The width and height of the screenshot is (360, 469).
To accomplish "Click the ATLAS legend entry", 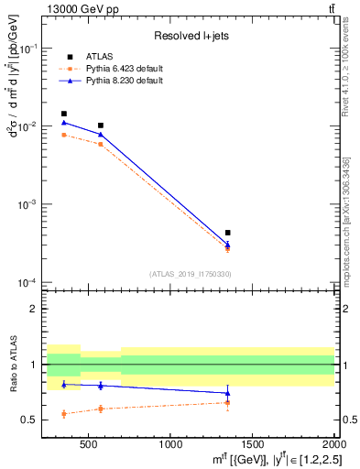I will pyautogui.click(x=98, y=56).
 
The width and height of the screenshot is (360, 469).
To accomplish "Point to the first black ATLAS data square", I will pyautogui.click(x=63, y=114).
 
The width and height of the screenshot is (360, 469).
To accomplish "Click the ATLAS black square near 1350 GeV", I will pyautogui.click(x=228, y=233).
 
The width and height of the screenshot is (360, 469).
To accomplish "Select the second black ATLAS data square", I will pyautogui.click(x=101, y=125).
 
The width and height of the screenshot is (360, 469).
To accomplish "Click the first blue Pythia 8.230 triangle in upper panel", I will pyautogui.click(x=63, y=122).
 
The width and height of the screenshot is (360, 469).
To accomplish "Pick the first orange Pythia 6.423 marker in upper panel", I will pyautogui.click(x=63, y=135).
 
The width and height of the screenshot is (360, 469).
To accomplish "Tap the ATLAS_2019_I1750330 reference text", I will pyautogui.click(x=190, y=274).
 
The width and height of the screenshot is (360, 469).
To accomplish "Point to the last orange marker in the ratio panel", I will pyautogui.click(x=228, y=402).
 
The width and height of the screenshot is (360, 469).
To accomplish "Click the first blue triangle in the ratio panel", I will pyautogui.click(x=63, y=384).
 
